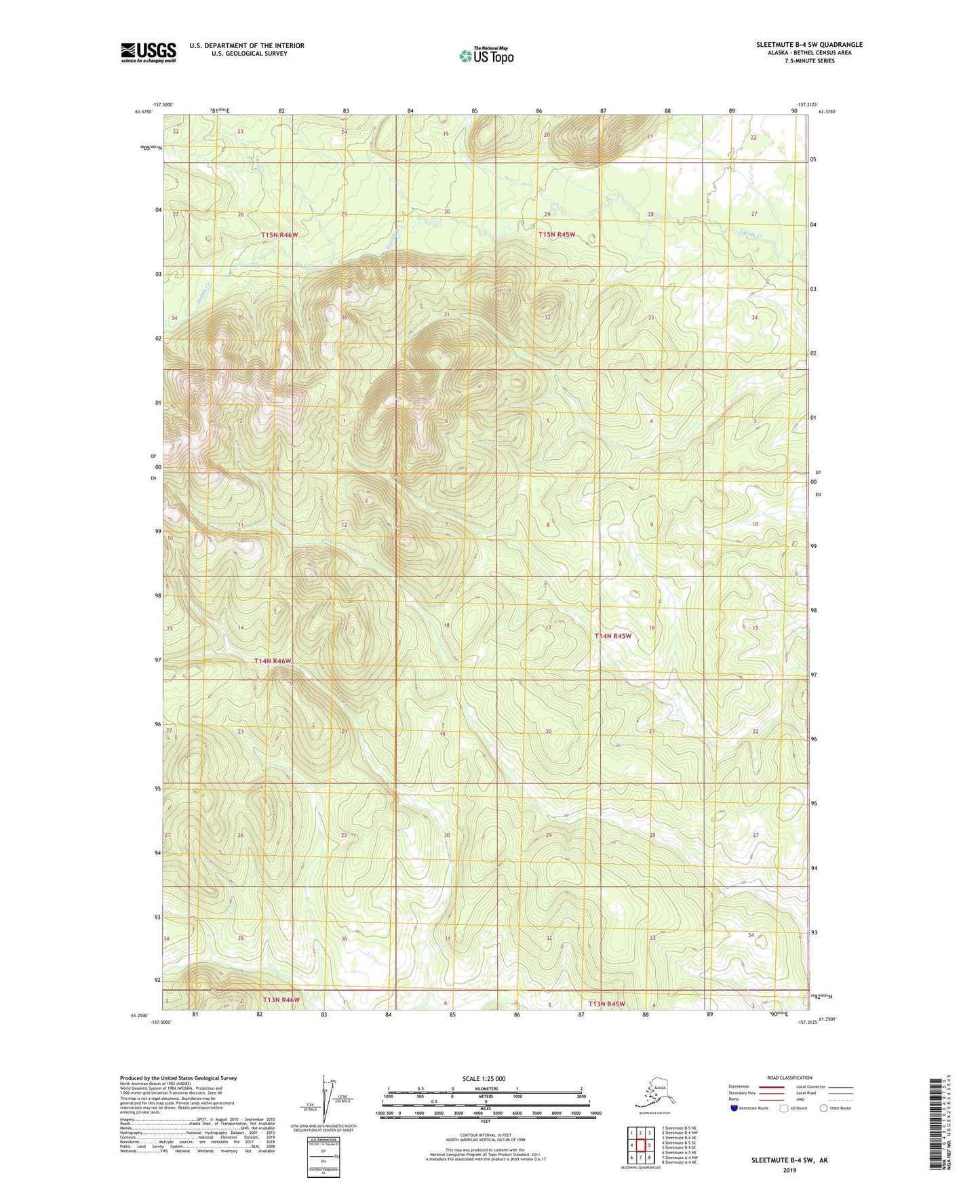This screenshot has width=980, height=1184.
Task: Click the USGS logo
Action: coord(148,52)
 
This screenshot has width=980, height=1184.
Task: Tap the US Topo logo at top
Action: coord(486,55)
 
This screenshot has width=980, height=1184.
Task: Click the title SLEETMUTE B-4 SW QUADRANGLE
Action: coord(809,45)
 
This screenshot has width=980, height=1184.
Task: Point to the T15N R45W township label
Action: coord(557,235)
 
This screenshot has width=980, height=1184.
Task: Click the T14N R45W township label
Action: coord(612,636)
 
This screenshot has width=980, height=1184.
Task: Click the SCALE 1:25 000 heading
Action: coord(484,1078)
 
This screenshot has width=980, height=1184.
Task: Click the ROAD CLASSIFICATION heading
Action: coord(789,1078)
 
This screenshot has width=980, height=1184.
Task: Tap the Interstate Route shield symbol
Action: coord(734,1108)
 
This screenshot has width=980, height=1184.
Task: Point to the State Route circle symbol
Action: coord(823,1108)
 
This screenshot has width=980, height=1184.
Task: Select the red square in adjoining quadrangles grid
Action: coord(640,1145)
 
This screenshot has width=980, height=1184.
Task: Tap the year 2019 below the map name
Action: coord(789,1170)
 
